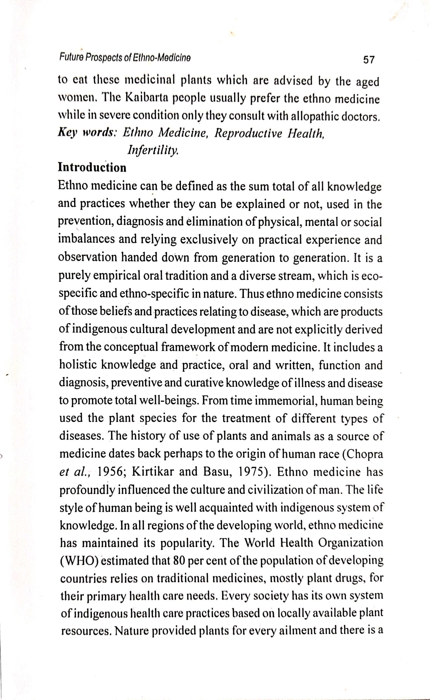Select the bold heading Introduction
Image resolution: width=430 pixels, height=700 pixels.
92,168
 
